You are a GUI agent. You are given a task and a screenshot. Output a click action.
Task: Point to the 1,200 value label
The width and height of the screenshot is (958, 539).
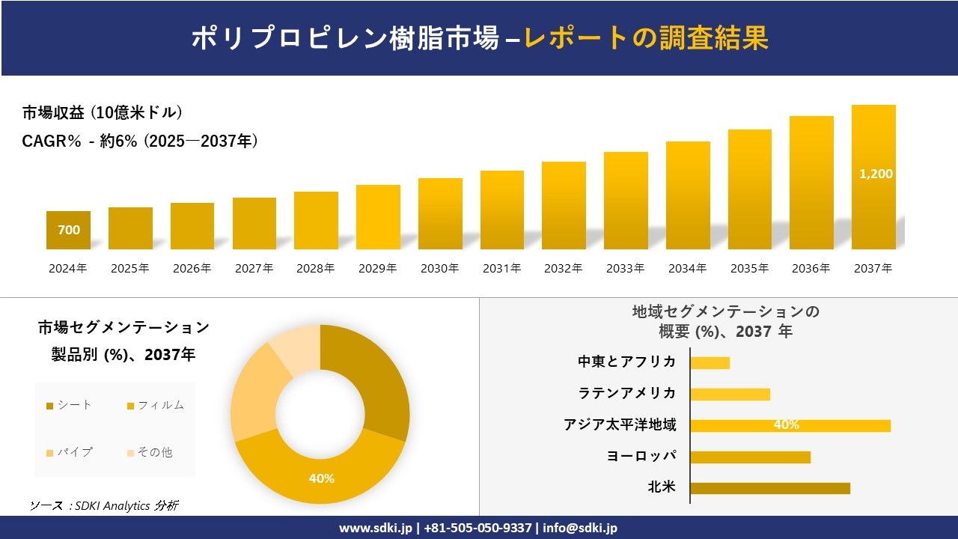tap(876, 174)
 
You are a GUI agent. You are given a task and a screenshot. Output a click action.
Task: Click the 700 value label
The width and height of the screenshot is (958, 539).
tap(69, 231)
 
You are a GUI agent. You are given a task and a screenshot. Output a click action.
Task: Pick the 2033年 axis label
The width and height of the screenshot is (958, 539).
tap(625, 268)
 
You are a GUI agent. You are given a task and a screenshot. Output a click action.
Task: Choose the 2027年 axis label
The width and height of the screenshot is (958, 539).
tap(254, 268)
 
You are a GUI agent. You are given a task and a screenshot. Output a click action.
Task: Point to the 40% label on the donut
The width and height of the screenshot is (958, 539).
tap(322, 478)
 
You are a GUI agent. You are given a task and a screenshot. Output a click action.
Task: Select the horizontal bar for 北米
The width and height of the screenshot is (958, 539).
tap(770, 488)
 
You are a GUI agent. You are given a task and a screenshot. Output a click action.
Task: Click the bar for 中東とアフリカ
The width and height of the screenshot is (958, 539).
tap(710, 363)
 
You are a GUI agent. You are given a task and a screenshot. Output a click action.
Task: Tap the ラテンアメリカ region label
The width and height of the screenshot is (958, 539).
tap(626, 393)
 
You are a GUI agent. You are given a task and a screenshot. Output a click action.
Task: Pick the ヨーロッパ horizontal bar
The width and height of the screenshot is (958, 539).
tap(750, 457)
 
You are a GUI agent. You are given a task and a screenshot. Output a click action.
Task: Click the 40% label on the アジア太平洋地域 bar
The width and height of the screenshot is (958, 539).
tap(786, 425)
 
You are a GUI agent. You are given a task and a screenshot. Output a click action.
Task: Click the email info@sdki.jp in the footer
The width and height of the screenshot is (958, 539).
tap(580, 528)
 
